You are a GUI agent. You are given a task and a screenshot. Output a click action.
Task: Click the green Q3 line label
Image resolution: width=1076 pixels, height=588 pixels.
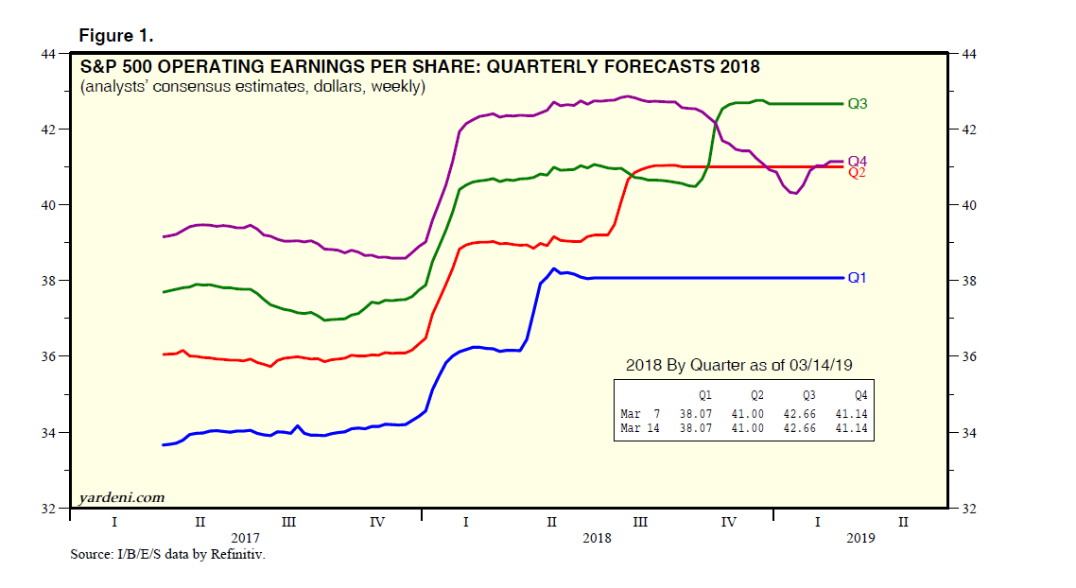click(858, 104)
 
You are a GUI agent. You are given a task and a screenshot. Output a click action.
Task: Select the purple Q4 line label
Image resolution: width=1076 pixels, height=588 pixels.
click(858, 162)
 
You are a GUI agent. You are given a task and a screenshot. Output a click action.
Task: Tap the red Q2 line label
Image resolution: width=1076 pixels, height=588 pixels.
click(858, 173)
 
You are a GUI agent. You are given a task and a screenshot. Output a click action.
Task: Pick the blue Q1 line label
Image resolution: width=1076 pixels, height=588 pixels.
click(858, 278)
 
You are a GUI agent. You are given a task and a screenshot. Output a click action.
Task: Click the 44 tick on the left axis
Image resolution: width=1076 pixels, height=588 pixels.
click(46, 54)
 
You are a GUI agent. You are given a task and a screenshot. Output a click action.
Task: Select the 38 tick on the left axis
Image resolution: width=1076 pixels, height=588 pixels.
click(46, 281)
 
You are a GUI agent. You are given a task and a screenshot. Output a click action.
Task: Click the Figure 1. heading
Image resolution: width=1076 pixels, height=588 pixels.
click(115, 36)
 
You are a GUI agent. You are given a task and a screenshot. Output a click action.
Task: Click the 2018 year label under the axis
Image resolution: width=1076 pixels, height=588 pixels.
click(597, 537)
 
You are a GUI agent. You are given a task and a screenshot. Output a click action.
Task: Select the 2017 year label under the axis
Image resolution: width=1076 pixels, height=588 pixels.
click(245, 537)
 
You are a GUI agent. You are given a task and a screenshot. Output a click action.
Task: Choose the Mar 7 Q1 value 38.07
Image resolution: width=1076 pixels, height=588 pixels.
click(693, 413)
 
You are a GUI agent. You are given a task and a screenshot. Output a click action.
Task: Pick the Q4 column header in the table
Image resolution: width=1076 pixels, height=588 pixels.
click(859, 394)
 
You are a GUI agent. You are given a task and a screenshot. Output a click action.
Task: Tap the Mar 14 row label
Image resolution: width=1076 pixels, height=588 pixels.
click(641, 429)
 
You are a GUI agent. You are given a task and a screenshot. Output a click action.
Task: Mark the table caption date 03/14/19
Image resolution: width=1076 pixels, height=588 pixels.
click(827, 366)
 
